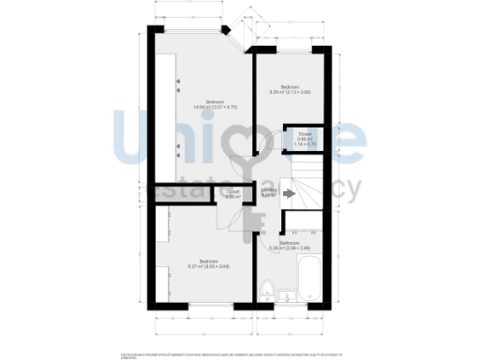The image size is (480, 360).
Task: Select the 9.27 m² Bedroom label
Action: point(208,262)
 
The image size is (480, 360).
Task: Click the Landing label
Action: point(267,192)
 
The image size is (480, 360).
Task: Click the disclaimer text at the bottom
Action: point(240,353)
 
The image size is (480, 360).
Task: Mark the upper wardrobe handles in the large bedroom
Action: point(178,85)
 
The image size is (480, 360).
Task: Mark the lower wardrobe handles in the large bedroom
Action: point(178,150)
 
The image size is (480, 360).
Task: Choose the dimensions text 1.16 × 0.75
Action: point(304,144)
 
